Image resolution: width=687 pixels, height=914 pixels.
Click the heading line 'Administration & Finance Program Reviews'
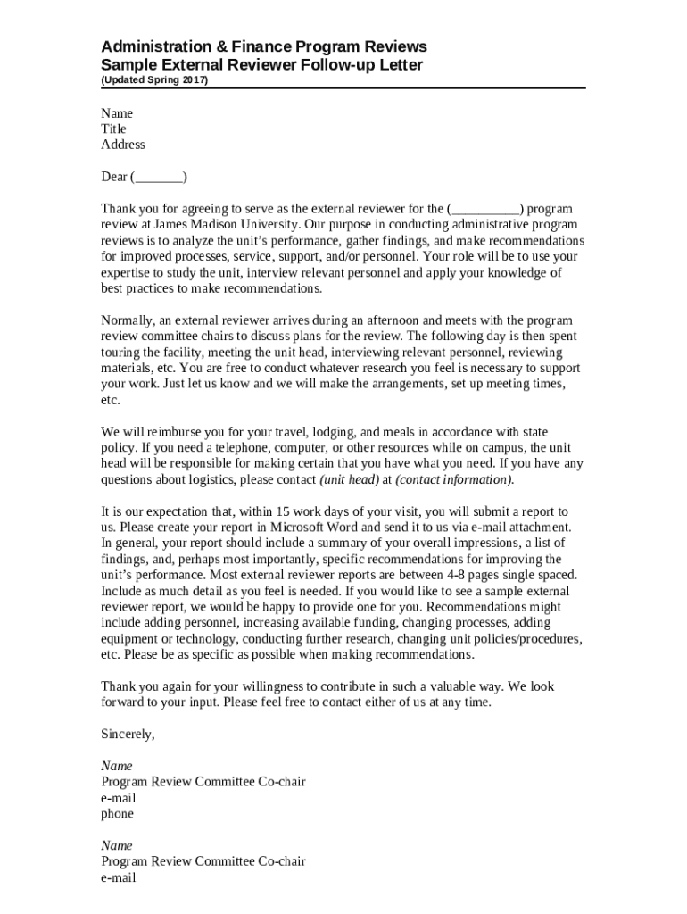coord(263,46)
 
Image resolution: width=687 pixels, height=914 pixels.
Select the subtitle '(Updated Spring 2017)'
coord(154,79)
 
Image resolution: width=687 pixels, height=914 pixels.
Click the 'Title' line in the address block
coord(113,129)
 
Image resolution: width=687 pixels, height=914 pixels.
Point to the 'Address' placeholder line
coord(122,145)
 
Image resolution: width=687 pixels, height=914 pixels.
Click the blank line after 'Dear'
coord(159,177)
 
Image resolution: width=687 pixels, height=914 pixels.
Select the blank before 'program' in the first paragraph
coord(485,209)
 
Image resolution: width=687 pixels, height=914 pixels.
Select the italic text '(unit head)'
coord(349,480)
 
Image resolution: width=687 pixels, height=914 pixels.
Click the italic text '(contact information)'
coord(454,480)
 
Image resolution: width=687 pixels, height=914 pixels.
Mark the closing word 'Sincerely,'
coord(128,735)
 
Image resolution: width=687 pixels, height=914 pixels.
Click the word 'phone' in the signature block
coord(117,814)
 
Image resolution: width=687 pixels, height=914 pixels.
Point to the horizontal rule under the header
coord(343,88)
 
